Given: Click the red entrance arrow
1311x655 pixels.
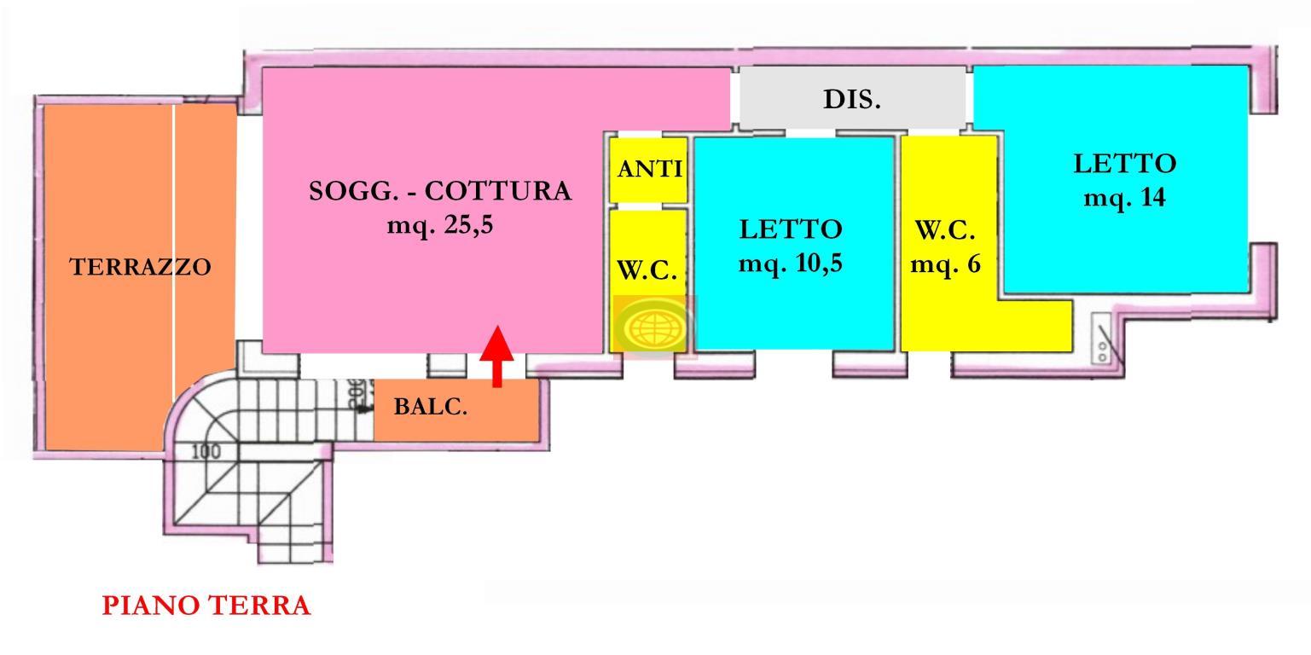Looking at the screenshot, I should coord(496,355).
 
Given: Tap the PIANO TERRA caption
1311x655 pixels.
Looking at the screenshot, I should coord(206,606).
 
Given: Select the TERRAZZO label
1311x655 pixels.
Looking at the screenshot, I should coord(140,267).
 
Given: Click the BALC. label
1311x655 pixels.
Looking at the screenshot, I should coord(430,407).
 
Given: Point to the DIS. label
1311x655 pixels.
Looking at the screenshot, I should coord(851,99).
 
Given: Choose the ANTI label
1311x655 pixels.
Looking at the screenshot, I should coord(649,169).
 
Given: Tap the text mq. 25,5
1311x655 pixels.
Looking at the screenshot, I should coord(439,226).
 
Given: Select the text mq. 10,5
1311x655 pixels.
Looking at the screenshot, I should coord(790,264).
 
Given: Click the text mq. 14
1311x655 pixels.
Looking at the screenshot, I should coord(1124,198).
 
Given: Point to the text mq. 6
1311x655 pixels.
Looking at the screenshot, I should coord(945,264).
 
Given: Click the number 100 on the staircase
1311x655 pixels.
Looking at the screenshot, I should coord(206,450).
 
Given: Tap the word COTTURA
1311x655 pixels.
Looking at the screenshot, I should coord(497,191).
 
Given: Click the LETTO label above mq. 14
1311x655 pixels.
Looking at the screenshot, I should coord(1124,163).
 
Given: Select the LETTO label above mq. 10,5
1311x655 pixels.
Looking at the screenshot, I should coord(790,229).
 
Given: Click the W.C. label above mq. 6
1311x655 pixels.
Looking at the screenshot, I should coord(945,230).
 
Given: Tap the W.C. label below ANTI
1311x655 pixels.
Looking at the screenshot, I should coord(647,270).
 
